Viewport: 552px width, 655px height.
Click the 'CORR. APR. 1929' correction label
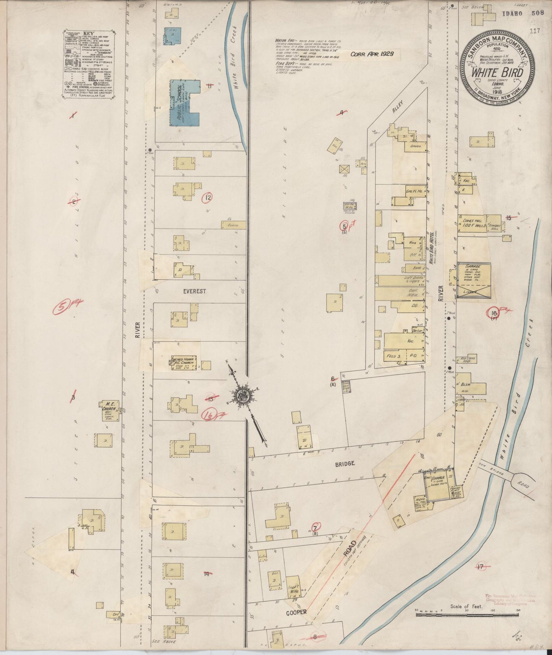(x=372, y=54)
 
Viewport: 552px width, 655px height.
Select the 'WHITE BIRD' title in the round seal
(x=497, y=72)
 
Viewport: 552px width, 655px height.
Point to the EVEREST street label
(x=194, y=291)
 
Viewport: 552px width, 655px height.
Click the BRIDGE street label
(x=345, y=463)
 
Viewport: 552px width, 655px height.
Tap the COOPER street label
(x=297, y=612)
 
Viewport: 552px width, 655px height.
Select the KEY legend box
(x=88, y=65)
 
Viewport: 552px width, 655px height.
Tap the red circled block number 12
(x=207, y=198)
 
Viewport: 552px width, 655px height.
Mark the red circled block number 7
(x=316, y=528)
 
